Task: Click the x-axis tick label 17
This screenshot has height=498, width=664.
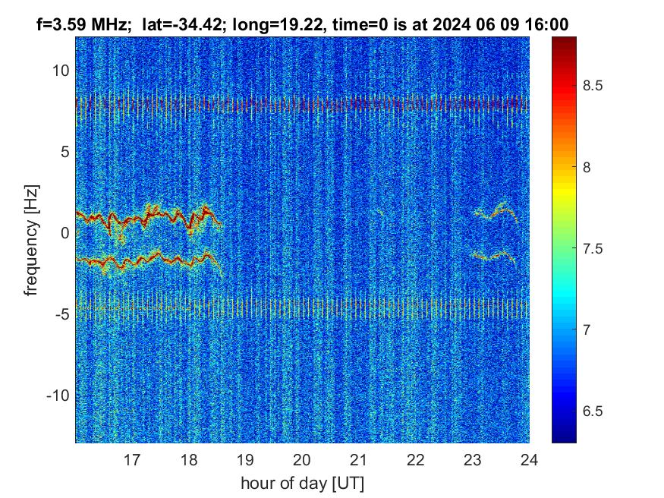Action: point(132,459)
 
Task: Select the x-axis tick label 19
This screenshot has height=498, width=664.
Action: point(245,459)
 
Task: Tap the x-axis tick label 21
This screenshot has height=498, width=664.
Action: point(359,459)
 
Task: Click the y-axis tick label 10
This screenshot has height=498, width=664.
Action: point(60,71)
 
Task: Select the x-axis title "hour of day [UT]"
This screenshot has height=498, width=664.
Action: point(302,483)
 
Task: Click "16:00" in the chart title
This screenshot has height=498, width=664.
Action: point(550,25)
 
